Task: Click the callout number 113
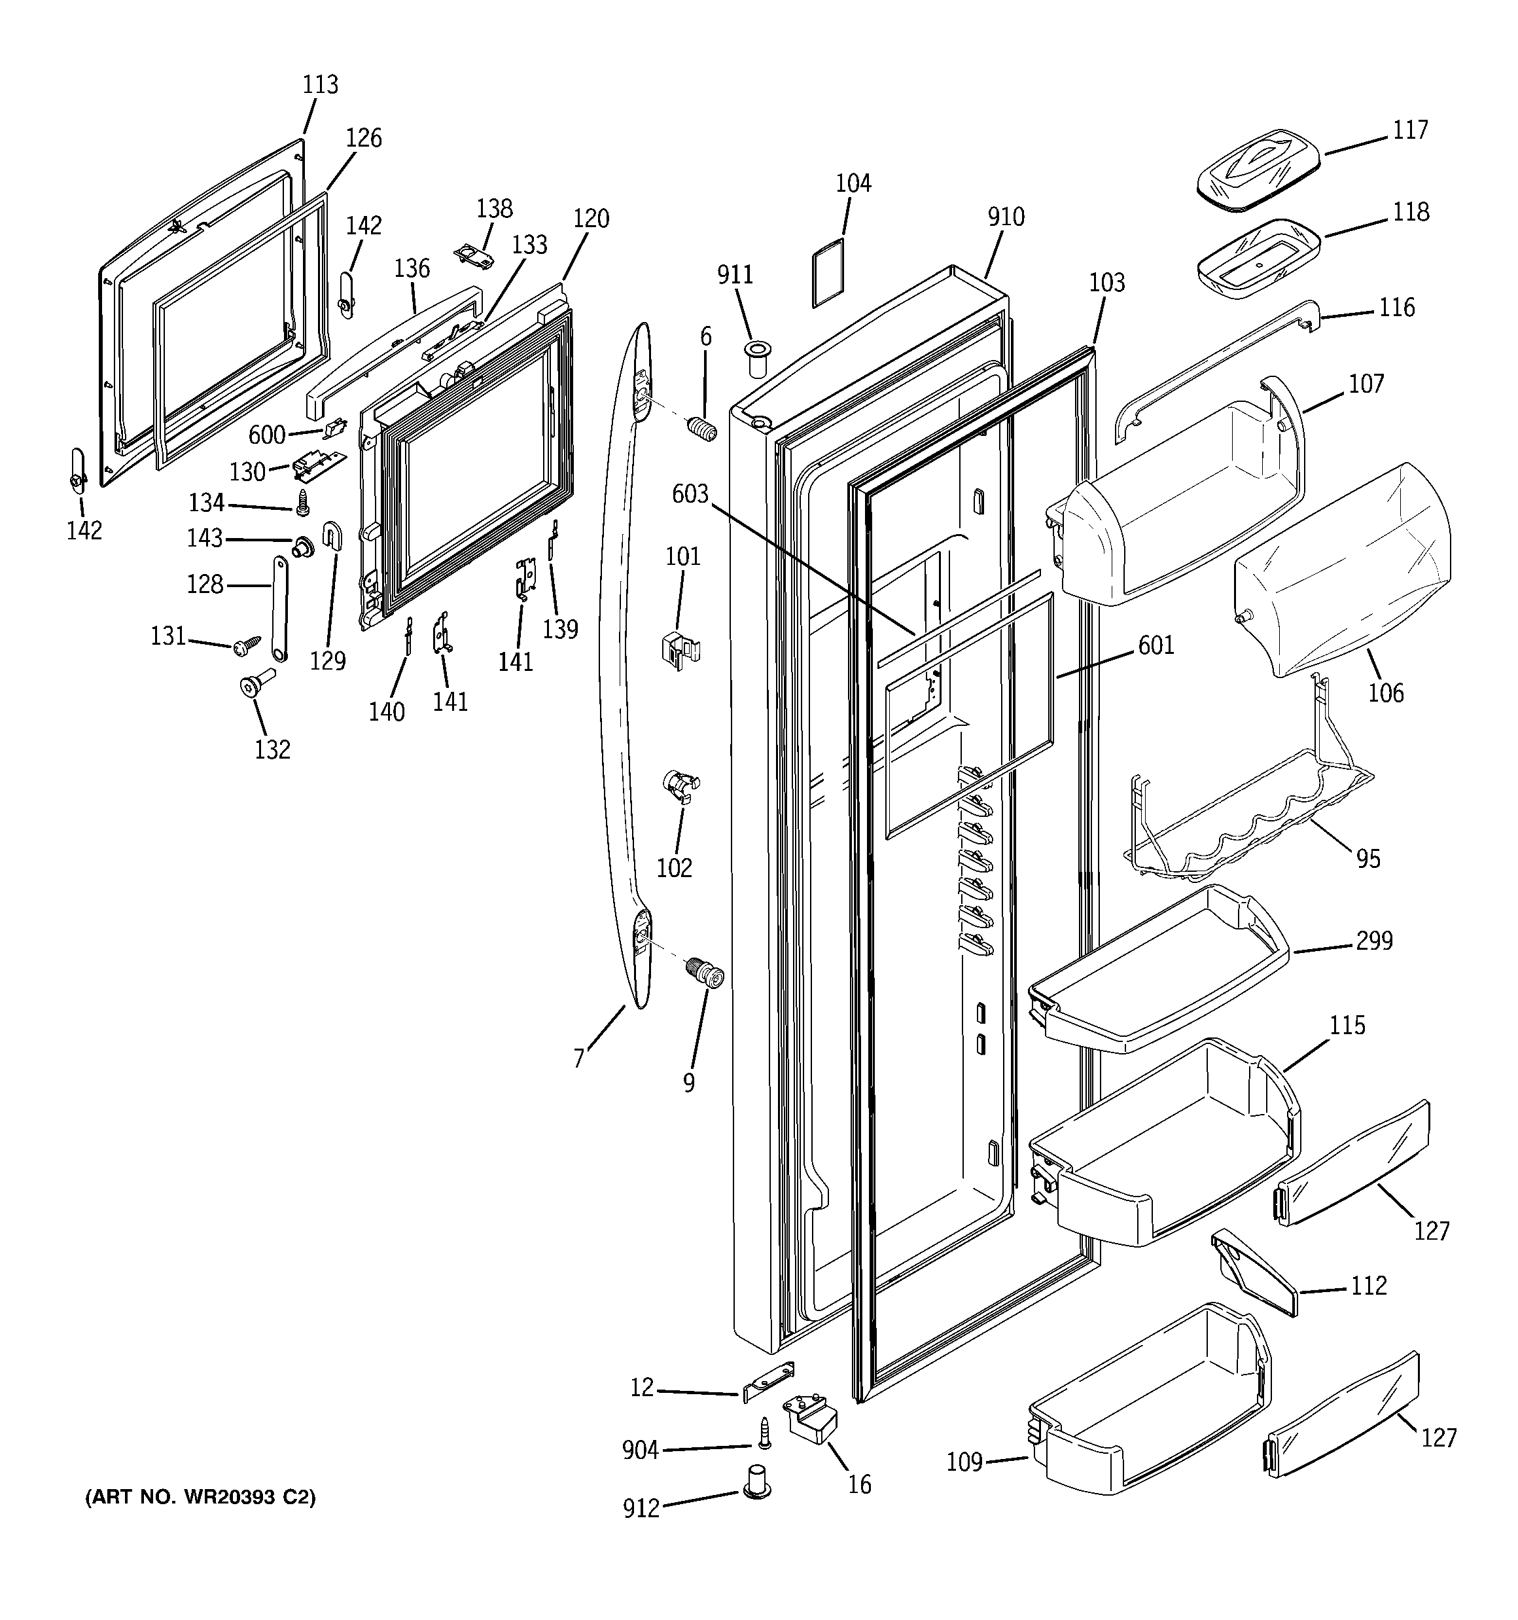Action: click(320, 84)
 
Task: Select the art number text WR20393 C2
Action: click(200, 1497)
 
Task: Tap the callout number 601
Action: click(1156, 645)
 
